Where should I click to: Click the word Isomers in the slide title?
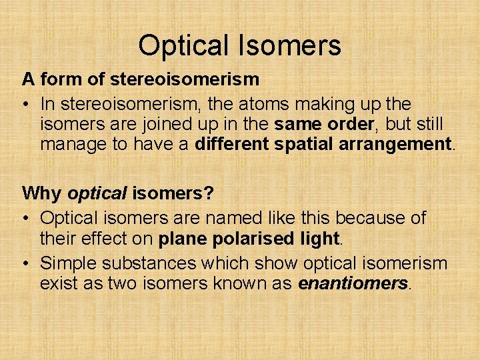click(288, 46)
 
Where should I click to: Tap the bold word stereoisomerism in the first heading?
click(183, 80)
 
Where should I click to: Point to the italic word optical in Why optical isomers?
click(98, 194)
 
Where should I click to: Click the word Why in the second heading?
click(42, 194)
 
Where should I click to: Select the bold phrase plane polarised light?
click(249, 237)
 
